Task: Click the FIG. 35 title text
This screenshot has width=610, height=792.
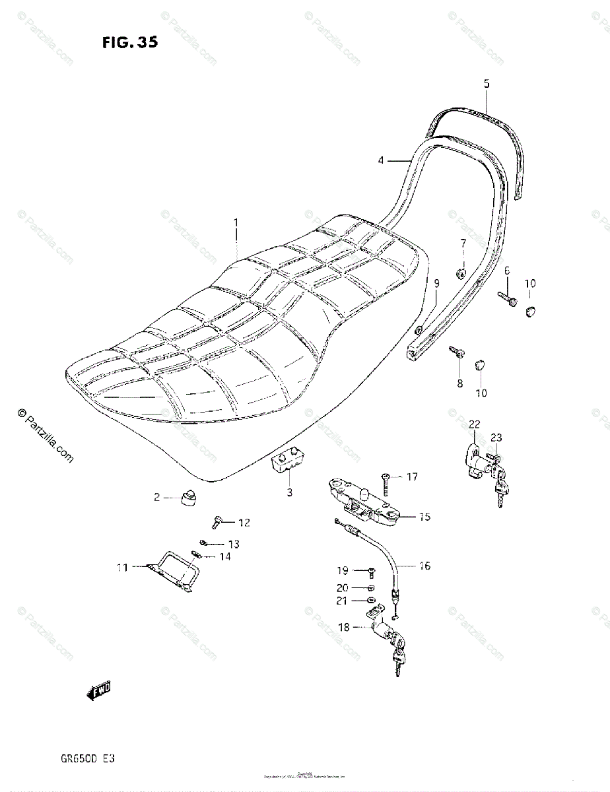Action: (130, 44)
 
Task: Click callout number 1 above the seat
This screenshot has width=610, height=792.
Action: (236, 223)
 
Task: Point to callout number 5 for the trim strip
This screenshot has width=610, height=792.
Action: (487, 84)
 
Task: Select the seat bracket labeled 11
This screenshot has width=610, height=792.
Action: (173, 568)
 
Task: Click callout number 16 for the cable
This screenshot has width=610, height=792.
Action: (424, 566)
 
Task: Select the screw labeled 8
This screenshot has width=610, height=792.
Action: (456, 354)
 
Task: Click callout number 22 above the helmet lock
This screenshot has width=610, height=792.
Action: (474, 424)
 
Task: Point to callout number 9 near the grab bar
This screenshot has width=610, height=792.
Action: (436, 283)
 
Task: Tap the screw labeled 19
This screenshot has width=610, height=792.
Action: (370, 570)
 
